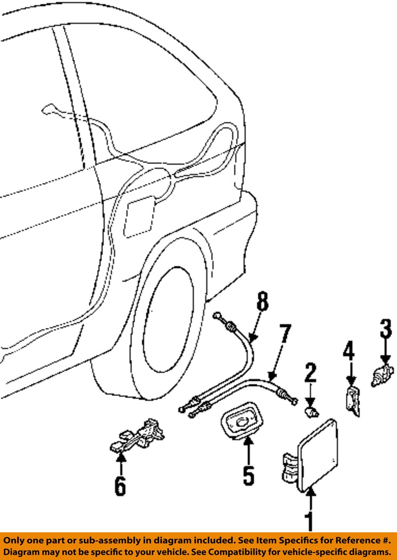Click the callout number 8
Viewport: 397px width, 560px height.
coord(261,303)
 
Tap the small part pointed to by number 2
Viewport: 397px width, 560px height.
coord(311,411)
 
